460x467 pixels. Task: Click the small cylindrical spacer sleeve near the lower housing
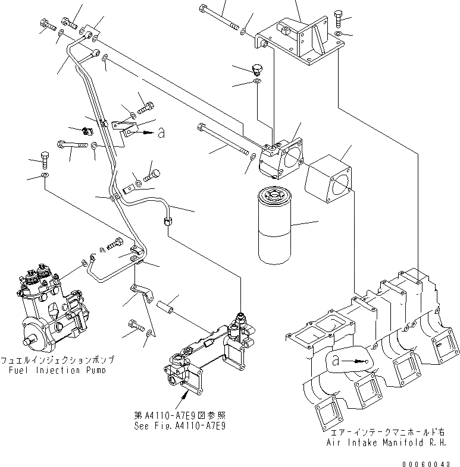tap(168, 309)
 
